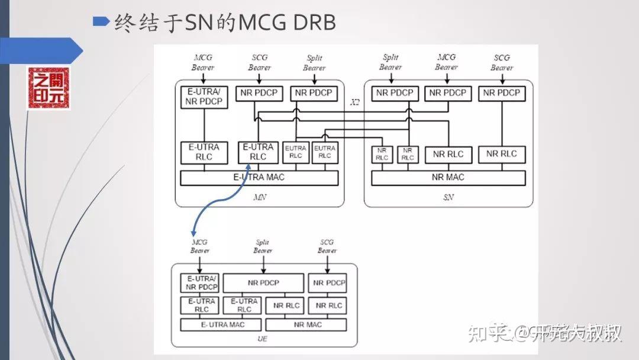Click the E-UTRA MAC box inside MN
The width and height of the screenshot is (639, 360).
(259, 178)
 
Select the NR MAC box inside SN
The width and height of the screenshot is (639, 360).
(448, 178)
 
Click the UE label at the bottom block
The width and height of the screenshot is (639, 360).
(263, 339)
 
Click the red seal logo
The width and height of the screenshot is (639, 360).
(49, 88)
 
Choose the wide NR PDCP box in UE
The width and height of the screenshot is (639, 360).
(263, 283)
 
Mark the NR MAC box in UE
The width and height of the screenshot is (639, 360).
(306, 324)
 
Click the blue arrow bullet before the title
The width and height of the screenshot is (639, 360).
(101, 21)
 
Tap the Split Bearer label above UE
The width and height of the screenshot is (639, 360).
(263, 246)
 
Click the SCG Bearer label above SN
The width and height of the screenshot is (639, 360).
(502, 63)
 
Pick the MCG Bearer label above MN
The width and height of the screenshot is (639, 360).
(203, 63)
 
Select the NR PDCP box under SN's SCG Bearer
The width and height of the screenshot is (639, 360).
(501, 93)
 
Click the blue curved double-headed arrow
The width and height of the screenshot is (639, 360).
(217, 204)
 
